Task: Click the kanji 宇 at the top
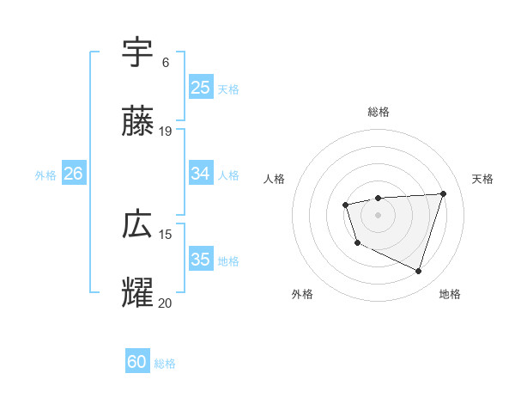tap(137, 52)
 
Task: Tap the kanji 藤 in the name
tap(137, 122)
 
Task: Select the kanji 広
tap(137, 225)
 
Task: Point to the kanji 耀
tap(137, 294)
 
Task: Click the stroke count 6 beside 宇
tap(166, 62)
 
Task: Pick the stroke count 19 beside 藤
tap(166, 131)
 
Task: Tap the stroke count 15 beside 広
tap(166, 234)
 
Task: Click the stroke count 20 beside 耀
tap(166, 303)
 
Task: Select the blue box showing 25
tap(200, 88)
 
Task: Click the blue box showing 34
tap(200, 174)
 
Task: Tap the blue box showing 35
tap(200, 260)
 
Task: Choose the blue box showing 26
tap(73, 174)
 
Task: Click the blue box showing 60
tap(137, 362)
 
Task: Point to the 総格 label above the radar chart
tap(379, 112)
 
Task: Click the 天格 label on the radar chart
tap(482, 179)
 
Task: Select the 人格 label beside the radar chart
tap(275, 179)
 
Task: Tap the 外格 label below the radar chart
tap(302, 294)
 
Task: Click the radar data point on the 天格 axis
tap(443, 193)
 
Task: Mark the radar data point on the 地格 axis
tap(418, 271)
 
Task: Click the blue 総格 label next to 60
tap(165, 364)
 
